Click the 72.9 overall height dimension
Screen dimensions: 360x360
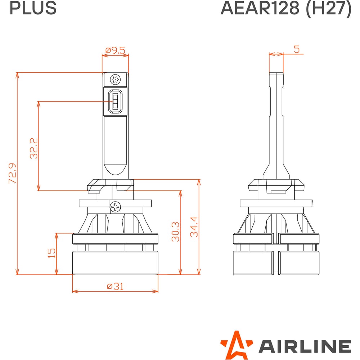12,174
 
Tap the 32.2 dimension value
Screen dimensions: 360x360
34,148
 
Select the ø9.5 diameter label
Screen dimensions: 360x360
115,50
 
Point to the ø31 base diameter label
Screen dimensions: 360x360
115,286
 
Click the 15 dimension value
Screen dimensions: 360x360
51,253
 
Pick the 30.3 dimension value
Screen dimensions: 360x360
176,231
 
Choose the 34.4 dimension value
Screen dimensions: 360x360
194,226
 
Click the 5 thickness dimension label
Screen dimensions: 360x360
297,49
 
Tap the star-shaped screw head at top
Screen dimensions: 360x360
115,80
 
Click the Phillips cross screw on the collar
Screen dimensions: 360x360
115,207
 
